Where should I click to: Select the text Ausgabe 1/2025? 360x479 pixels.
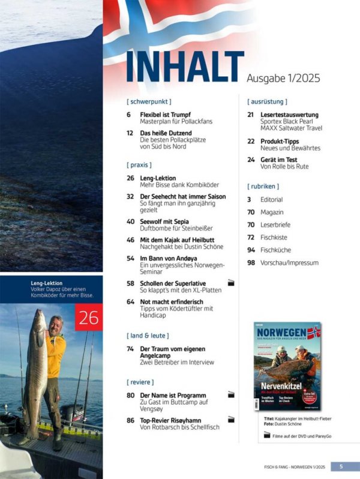click(283, 78)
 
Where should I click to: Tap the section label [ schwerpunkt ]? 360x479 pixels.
click(149, 102)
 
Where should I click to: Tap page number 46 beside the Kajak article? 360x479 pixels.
click(130, 239)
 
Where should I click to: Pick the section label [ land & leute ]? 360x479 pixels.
click(148, 335)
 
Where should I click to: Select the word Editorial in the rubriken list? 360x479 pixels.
click(271, 200)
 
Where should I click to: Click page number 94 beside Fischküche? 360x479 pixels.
click(251, 250)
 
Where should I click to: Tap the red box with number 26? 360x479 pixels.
click(89, 317)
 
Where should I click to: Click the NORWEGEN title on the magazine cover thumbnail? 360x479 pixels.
click(283, 333)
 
